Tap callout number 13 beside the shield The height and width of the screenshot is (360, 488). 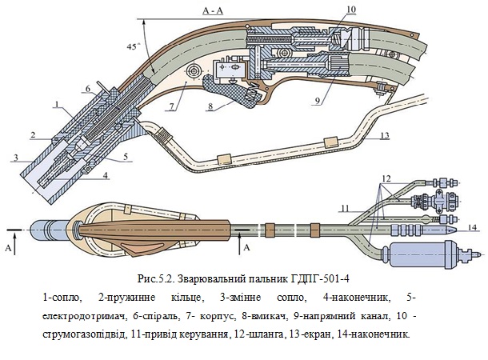pos(385,136)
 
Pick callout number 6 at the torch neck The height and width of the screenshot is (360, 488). pos(88,88)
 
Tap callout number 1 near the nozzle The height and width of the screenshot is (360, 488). pos(58,103)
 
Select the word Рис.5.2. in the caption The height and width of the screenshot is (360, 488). pos(156,279)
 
